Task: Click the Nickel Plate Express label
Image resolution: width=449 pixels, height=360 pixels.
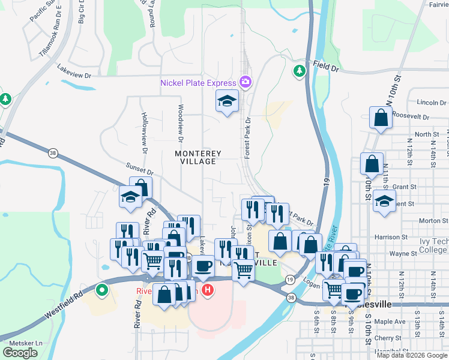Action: coord(198,82)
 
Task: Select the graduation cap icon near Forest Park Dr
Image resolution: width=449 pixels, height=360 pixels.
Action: coord(228,101)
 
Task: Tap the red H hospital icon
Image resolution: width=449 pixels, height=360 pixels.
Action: coord(208,291)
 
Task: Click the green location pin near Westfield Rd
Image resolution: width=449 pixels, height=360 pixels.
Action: coord(102,292)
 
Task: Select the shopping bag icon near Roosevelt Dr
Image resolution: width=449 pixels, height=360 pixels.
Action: coord(381,118)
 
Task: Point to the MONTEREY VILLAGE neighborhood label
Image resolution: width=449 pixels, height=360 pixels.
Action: coord(198,157)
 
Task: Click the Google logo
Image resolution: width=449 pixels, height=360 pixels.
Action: coord(20,353)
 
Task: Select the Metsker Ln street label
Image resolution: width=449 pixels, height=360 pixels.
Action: coord(23,343)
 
